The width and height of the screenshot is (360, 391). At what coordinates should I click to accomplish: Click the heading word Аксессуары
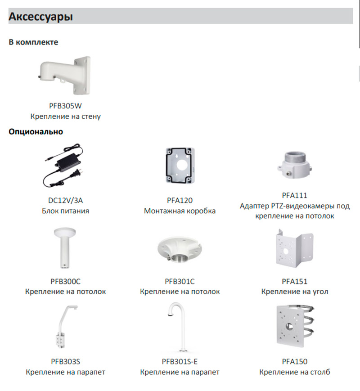point(41,18)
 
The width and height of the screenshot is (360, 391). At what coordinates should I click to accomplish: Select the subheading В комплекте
point(33,42)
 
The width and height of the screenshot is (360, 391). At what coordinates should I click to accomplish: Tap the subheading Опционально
point(36,132)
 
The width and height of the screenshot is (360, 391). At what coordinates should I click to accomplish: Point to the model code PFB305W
point(66,106)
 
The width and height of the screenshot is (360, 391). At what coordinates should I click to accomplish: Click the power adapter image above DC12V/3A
point(65,166)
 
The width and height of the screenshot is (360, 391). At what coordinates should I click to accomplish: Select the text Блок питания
point(66,211)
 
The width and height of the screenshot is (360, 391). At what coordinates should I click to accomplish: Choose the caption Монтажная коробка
point(180,211)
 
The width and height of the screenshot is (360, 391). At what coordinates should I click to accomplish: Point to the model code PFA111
point(295,196)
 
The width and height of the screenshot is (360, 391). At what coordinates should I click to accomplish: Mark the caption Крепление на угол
point(295,292)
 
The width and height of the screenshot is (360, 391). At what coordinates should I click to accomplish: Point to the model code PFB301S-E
point(180,361)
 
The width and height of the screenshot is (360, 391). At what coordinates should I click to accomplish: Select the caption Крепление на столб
point(295,372)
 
